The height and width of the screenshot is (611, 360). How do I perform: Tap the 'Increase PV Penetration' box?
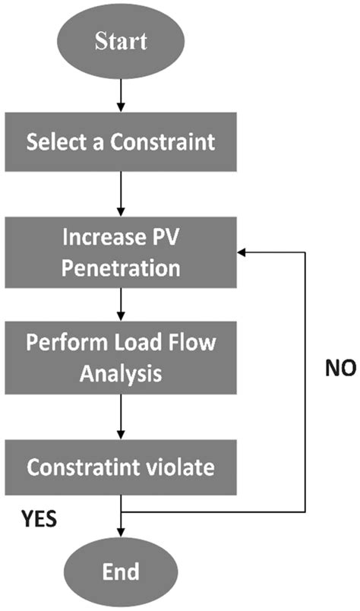(121, 258)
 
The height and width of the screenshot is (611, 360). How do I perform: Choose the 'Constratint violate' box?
(121, 466)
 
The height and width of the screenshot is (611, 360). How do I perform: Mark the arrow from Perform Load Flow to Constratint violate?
(121, 413)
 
